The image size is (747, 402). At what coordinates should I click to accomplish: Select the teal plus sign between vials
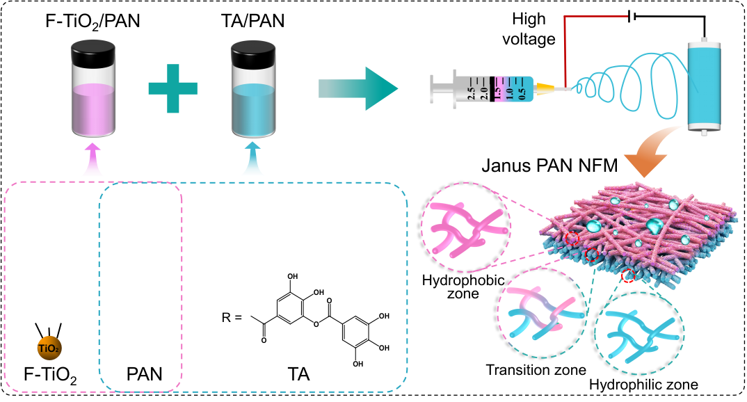pyautogui.click(x=172, y=88)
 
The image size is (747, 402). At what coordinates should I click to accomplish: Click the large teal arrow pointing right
pyautogui.click(x=358, y=88)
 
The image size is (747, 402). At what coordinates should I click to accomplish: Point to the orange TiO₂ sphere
pyautogui.click(x=49, y=348)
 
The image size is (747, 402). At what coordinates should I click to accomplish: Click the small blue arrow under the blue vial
pyautogui.click(x=252, y=160)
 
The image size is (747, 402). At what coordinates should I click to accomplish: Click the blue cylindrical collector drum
pyautogui.click(x=704, y=85)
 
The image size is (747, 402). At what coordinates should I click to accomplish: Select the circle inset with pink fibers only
pyautogui.click(x=465, y=227)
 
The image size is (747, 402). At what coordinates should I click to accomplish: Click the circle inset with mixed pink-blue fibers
pyautogui.click(x=541, y=314)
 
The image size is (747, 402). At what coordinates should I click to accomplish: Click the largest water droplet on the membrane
pyautogui.click(x=654, y=225)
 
